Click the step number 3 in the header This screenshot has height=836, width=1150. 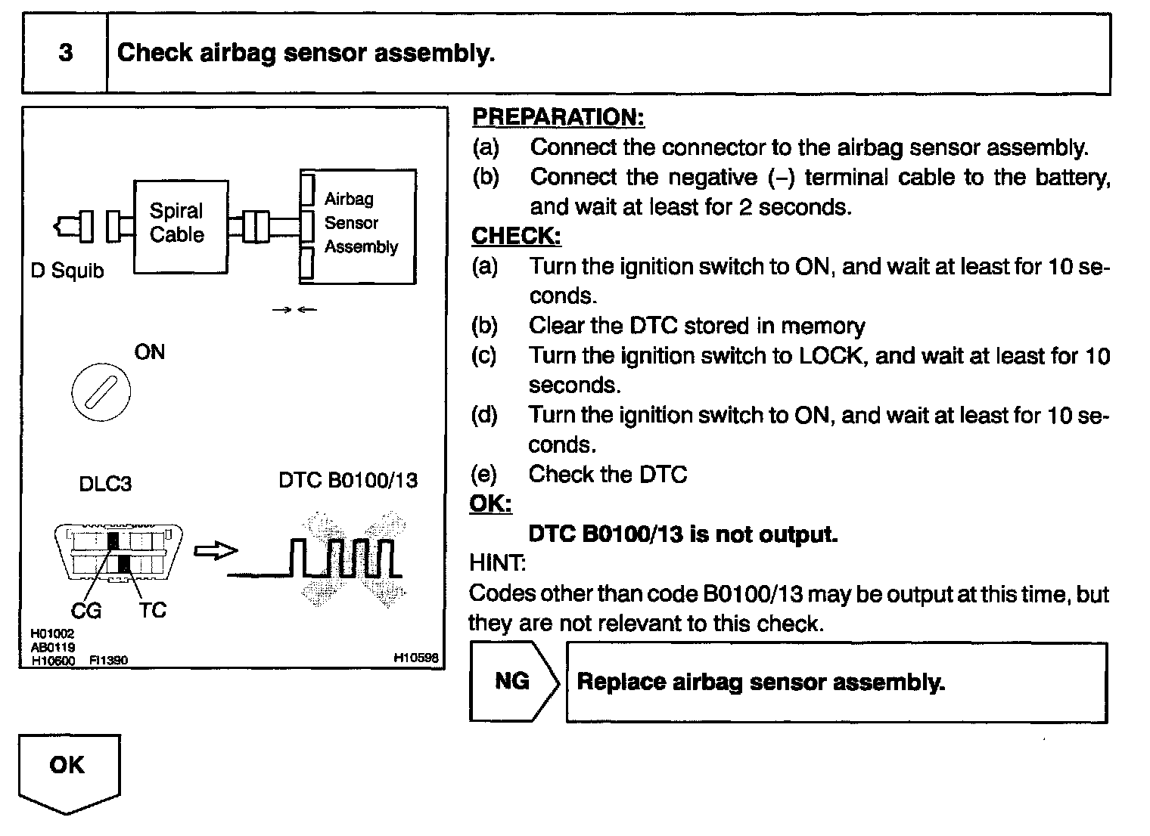point(66,53)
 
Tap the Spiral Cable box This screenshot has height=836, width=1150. point(181,226)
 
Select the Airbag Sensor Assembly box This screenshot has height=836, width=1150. point(359,225)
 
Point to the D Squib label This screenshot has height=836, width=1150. point(67,271)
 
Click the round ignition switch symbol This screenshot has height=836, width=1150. point(101,393)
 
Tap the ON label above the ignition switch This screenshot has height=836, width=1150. point(149,352)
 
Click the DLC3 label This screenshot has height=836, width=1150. point(105,484)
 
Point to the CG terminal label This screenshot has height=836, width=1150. point(86,610)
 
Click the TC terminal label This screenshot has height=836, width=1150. point(152,610)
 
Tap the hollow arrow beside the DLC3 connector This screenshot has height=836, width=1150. point(216,552)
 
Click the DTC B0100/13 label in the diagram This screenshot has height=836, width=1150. point(348,481)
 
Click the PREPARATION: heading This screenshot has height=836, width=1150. point(558,117)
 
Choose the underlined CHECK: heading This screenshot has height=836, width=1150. point(516,237)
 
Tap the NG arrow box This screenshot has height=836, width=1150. point(512,682)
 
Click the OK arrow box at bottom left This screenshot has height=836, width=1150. point(68,769)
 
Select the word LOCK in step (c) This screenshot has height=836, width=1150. point(831,355)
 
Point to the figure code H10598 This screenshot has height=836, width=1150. point(415,658)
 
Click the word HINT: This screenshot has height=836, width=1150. point(497,563)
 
